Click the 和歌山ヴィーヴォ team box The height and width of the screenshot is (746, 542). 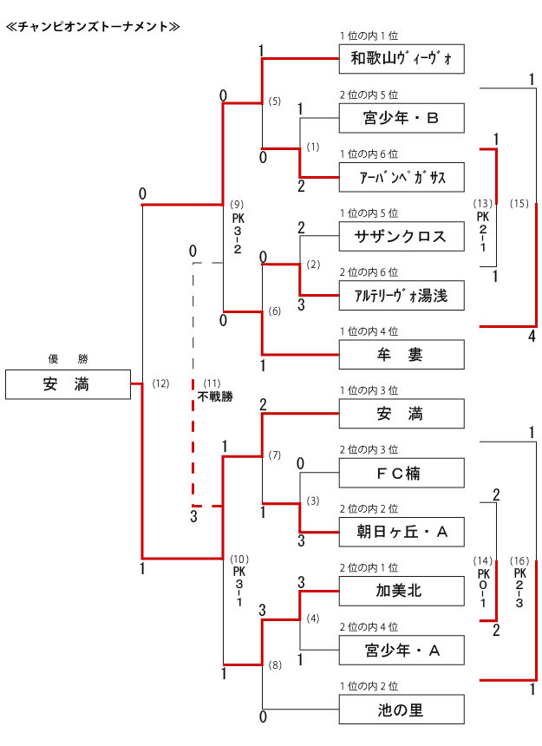click(x=401, y=58)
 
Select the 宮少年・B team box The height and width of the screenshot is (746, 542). click(x=401, y=117)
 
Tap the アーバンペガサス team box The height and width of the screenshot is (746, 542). click(x=401, y=177)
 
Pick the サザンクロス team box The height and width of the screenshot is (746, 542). click(x=401, y=236)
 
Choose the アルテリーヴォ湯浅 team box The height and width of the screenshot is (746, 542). click(x=401, y=295)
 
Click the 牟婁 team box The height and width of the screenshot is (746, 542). click(x=401, y=355)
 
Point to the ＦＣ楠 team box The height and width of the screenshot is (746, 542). click(x=401, y=474)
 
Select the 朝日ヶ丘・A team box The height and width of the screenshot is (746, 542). click(x=401, y=532)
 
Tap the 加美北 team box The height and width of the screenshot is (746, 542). click(x=401, y=592)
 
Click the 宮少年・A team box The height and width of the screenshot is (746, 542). click(x=401, y=651)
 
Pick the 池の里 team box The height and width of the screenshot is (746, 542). click(x=401, y=710)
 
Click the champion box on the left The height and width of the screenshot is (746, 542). click(x=68, y=383)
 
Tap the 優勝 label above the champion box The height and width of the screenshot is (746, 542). click(x=68, y=358)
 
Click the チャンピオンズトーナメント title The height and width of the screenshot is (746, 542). click(x=93, y=26)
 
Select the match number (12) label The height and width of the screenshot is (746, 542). click(x=160, y=383)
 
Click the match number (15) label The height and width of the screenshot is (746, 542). click(x=519, y=204)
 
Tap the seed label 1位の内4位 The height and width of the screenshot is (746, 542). click(x=369, y=330)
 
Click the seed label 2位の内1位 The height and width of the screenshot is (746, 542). click(x=369, y=567)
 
